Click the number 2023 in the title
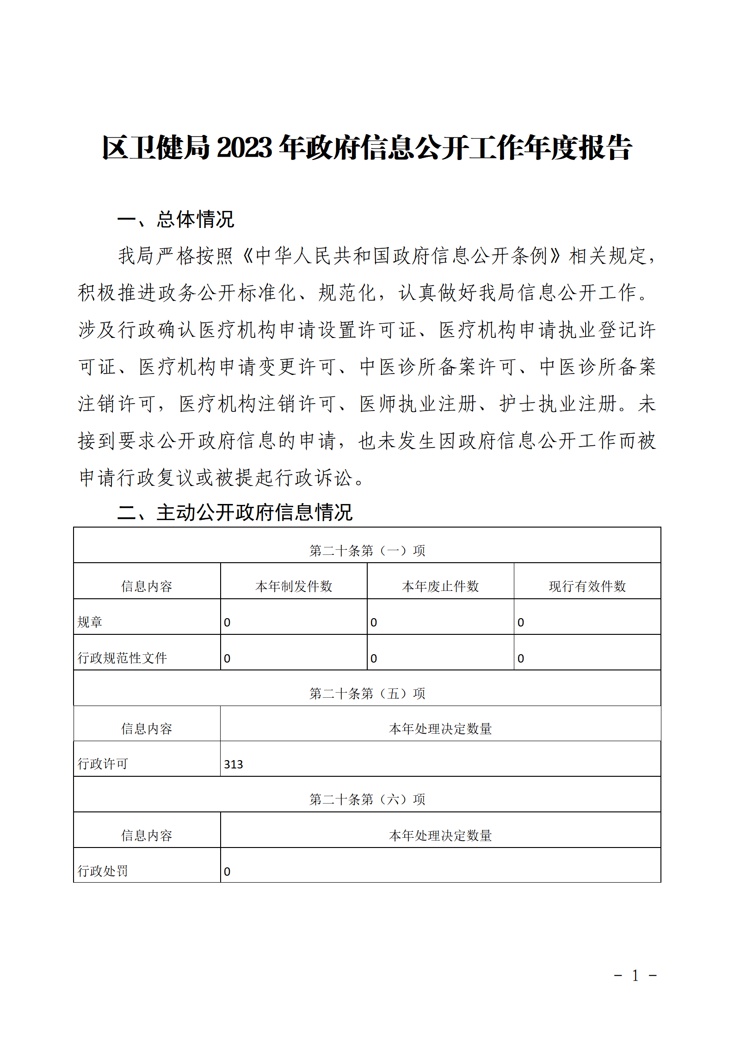click(x=244, y=148)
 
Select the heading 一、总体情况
click(x=176, y=219)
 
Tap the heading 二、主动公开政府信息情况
click(x=235, y=512)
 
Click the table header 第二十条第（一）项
click(x=367, y=550)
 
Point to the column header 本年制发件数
click(x=294, y=586)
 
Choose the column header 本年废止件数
click(x=440, y=586)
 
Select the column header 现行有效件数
click(x=587, y=586)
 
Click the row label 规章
click(x=90, y=622)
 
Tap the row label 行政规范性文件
click(x=122, y=658)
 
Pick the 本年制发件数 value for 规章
click(x=227, y=622)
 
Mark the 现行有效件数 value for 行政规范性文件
click(x=521, y=658)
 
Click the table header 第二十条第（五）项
click(x=367, y=693)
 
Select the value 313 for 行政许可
click(x=234, y=764)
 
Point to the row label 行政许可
click(x=103, y=764)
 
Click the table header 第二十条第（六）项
click(x=367, y=799)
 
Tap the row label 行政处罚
click(x=103, y=871)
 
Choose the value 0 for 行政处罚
click(x=227, y=872)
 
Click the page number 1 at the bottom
click(x=635, y=976)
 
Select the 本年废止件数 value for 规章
click(x=374, y=622)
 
